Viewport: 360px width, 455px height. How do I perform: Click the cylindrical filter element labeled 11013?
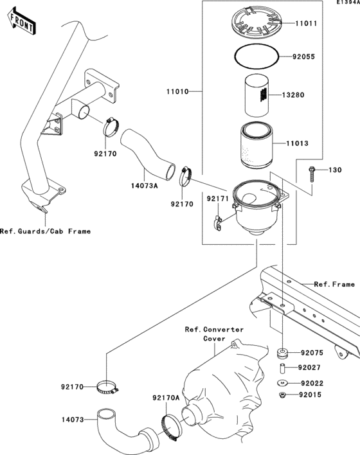257,146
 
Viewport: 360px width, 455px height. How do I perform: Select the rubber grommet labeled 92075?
281,353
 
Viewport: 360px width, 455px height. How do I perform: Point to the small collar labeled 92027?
281,369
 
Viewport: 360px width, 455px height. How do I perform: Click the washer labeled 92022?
281,384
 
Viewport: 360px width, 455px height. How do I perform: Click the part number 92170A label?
166,398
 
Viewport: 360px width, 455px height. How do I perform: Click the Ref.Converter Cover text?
214,334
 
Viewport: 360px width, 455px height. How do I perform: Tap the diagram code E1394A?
345,3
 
